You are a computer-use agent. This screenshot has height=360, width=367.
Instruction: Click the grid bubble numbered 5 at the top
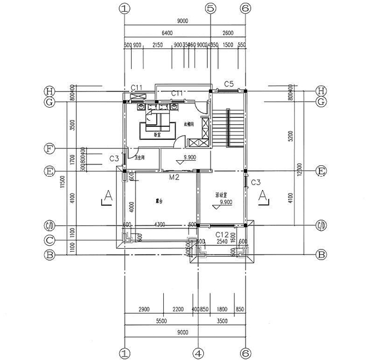coord(211,8)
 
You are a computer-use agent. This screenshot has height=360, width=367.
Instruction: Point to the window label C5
coord(229,84)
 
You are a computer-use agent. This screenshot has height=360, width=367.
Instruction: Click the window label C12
coord(222,234)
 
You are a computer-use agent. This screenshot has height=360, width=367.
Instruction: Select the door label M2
coord(175,177)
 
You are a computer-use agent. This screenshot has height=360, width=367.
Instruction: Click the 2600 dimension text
coord(228,33)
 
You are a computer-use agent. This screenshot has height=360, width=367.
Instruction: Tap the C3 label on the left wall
coord(114,160)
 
